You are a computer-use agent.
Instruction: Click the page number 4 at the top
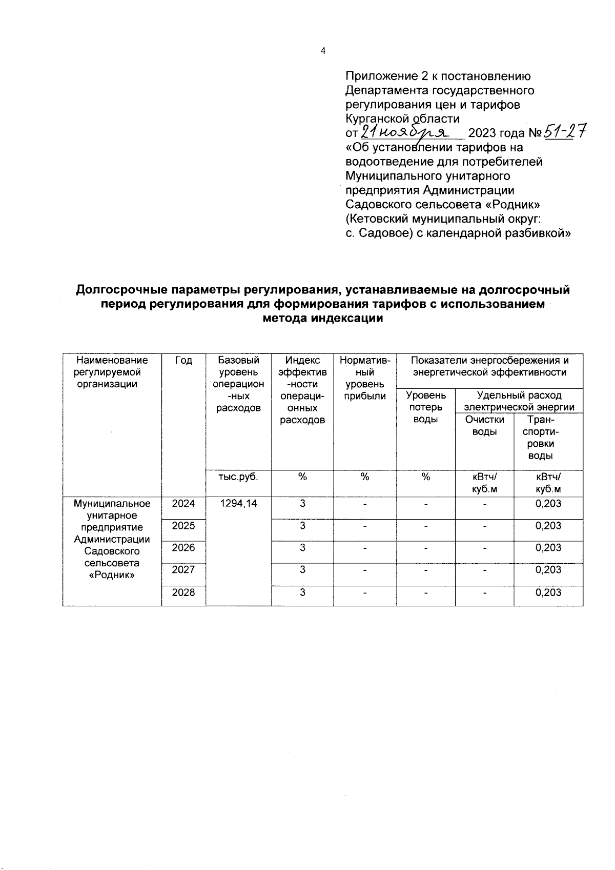[x=322, y=51]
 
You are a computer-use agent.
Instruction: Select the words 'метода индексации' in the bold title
[x=322, y=318]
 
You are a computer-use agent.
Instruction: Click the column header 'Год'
[x=183, y=361]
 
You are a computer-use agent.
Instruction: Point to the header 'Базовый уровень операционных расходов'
[x=239, y=384]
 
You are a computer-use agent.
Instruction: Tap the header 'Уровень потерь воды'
[x=425, y=407]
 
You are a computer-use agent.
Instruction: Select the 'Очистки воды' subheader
[x=484, y=425]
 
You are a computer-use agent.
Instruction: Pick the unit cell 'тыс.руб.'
[x=238, y=477]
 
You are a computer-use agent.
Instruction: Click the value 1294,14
[x=238, y=504]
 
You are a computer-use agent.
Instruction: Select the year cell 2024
[x=183, y=504]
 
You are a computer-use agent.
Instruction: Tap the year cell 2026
[x=183, y=548]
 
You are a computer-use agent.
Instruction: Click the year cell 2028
[x=183, y=592]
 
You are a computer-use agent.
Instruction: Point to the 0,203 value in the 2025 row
[x=548, y=526]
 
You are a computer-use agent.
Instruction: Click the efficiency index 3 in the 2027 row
[x=302, y=570]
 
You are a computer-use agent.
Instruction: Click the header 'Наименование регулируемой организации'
[x=111, y=372]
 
